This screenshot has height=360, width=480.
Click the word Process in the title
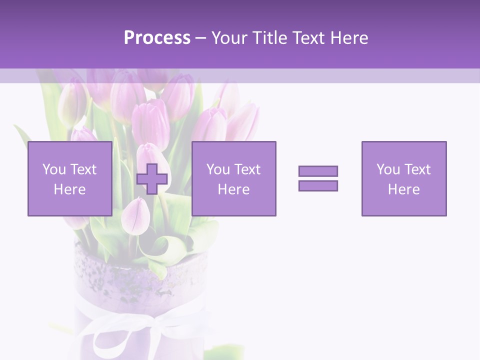pyautogui.click(x=157, y=38)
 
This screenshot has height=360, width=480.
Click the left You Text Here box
pyautogui.click(x=69, y=179)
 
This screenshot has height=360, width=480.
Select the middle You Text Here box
pyautogui.click(x=233, y=179)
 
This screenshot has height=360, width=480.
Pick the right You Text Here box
pyautogui.click(x=403, y=179)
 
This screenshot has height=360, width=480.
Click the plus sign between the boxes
pyautogui.click(x=152, y=179)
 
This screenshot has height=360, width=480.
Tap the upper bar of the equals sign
pyautogui.click(x=318, y=171)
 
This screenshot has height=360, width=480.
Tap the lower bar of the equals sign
pyautogui.click(x=318, y=186)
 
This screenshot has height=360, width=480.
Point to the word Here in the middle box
pyautogui.click(x=233, y=189)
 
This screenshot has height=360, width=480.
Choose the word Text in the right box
pyautogui.click(x=417, y=169)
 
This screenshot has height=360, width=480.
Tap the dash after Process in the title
pyautogui.click(x=201, y=38)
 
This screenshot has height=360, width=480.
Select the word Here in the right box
pyautogui.click(x=403, y=189)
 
